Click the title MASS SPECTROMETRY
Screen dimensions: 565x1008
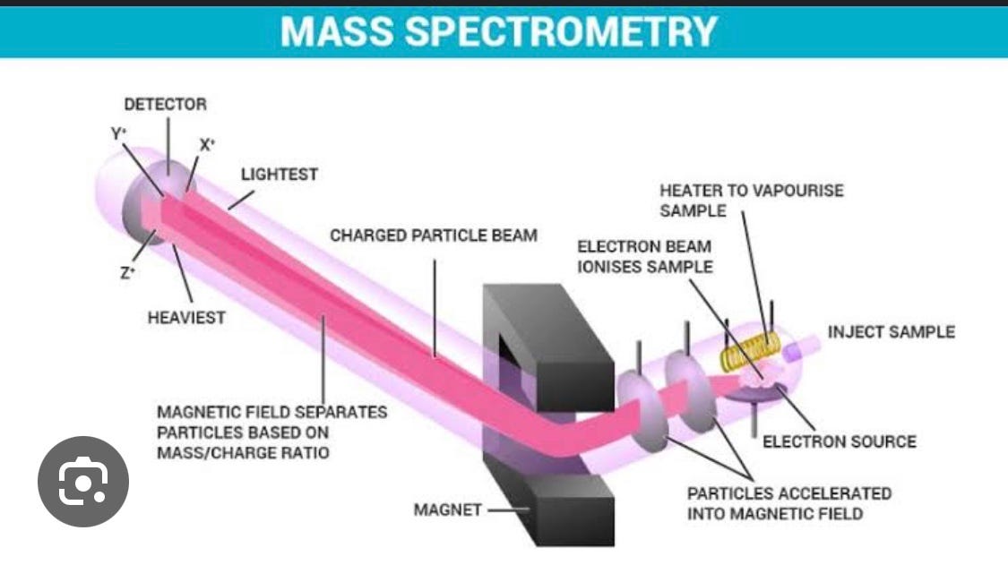(498, 31)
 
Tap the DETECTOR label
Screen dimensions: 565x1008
(165, 104)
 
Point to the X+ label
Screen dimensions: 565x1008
(207, 144)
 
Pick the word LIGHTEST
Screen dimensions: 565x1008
(279, 175)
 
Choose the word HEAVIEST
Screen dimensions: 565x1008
(185, 318)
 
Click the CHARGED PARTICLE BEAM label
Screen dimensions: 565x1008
(434, 235)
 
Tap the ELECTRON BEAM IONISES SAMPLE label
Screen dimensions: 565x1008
(644, 256)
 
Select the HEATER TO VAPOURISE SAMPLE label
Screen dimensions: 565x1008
(751, 201)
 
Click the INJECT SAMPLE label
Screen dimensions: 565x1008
(891, 332)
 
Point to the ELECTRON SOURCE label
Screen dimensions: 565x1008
(839, 441)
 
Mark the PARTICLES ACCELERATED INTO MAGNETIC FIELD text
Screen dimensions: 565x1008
(788, 503)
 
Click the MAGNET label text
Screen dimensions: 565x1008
(447, 510)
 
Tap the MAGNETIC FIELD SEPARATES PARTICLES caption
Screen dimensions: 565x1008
(271, 432)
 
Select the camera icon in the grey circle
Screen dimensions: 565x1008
(83, 482)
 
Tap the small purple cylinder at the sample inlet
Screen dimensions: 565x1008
(792, 352)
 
